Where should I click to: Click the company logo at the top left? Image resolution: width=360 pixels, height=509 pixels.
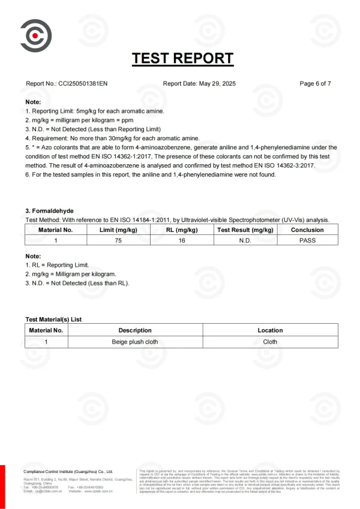[35, 35]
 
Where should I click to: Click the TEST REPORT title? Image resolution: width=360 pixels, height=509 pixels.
[182, 58]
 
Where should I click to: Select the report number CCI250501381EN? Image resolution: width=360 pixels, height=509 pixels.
[79, 83]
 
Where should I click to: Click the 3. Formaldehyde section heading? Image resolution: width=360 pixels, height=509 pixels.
[50, 210]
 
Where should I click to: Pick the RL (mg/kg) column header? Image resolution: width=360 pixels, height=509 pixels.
[182, 230]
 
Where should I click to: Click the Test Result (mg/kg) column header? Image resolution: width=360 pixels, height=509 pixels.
[245, 230]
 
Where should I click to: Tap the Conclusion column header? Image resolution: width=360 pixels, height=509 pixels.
[307, 230]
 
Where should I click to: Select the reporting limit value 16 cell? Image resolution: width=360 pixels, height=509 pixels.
[182, 240]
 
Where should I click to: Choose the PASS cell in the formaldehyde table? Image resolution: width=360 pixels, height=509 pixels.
[307, 240]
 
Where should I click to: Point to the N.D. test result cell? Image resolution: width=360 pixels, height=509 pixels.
[245, 240]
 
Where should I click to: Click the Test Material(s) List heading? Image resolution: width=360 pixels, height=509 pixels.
[53, 320]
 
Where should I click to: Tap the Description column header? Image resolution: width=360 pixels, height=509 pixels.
[135, 330]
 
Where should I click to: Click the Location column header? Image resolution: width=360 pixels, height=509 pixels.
[270, 330]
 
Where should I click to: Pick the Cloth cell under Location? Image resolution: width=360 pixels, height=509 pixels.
[270, 341]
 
